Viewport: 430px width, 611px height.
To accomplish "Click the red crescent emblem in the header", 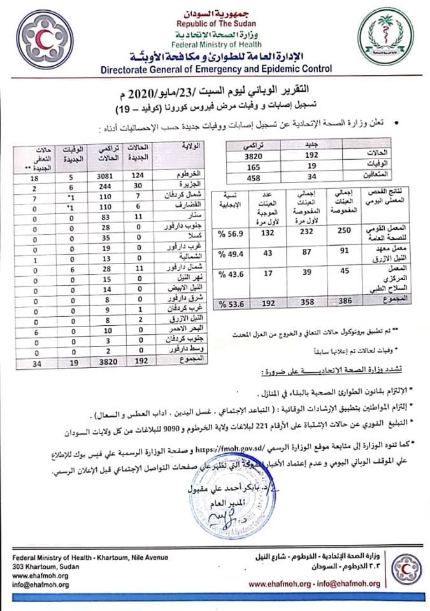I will tap(42, 40).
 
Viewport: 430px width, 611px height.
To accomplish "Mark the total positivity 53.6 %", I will tap(232, 304).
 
